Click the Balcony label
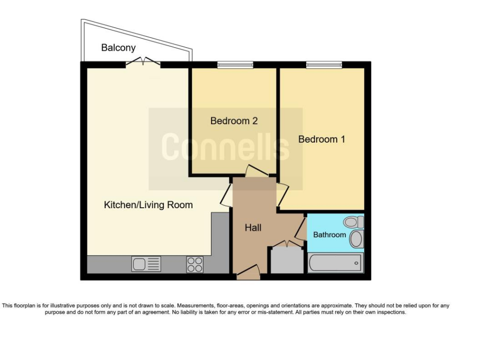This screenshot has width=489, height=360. (x=118, y=48)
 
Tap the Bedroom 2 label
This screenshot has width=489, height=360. (x=234, y=121)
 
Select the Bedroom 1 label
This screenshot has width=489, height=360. (x=321, y=139)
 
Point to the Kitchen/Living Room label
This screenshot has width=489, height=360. (x=148, y=205)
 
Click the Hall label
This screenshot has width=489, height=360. (x=253, y=228)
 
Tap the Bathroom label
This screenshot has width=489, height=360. (x=330, y=234)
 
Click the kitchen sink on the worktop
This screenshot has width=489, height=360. (x=146, y=264)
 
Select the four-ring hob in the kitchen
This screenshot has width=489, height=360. (x=195, y=265)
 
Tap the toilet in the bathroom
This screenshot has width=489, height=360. (x=354, y=222)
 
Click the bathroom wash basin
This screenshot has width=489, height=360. (x=356, y=239)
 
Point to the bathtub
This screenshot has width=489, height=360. (x=336, y=263)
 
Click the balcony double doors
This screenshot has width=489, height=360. (x=143, y=62)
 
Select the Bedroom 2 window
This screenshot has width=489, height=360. (x=235, y=65)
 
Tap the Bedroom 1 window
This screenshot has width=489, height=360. (x=324, y=65)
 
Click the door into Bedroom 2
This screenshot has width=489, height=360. (x=256, y=171)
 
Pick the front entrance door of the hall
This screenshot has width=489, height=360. (x=248, y=271)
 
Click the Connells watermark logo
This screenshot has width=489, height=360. (x=225, y=147)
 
